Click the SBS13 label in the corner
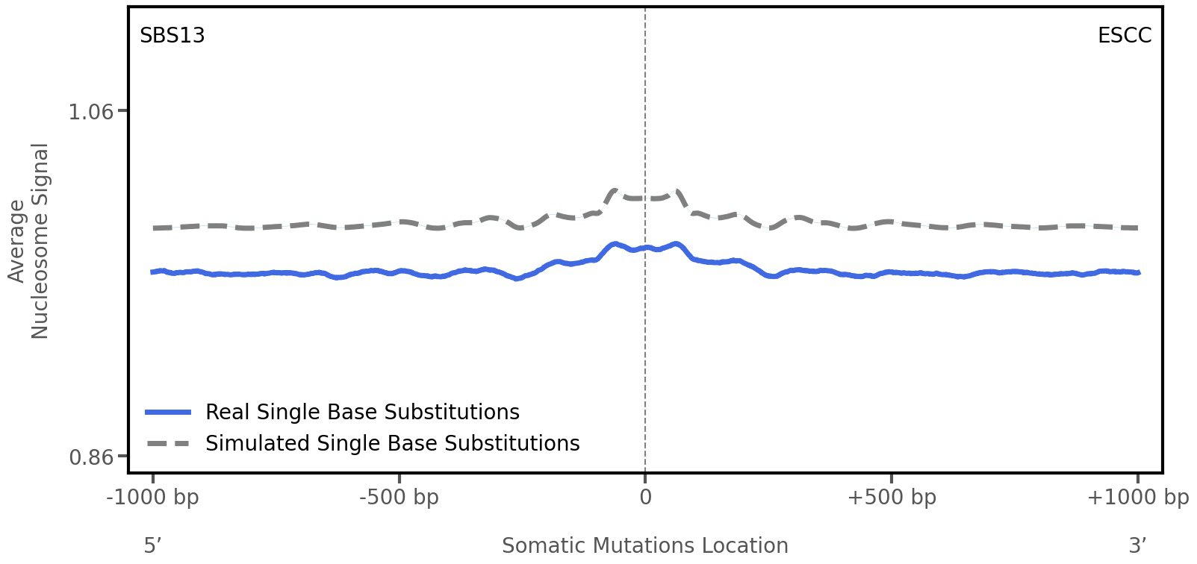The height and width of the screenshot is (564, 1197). coord(172,36)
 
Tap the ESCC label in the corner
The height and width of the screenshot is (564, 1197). coord(1124,36)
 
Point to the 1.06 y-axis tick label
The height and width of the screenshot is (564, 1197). coord(90,112)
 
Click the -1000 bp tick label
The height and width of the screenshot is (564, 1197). coord(153,498)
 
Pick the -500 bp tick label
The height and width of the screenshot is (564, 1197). coord(399,498)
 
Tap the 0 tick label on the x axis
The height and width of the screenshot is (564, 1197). coord(645,498)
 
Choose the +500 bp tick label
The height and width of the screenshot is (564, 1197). coord(891,498)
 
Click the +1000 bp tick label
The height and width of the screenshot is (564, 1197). coord(1137,498)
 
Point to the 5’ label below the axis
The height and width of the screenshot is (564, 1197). coord(152,545)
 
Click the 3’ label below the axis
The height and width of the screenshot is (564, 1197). coord(1137,545)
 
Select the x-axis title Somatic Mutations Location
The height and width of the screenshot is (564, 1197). coord(644,545)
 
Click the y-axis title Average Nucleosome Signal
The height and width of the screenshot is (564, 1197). coord(29,240)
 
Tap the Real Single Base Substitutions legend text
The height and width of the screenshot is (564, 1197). coord(362,412)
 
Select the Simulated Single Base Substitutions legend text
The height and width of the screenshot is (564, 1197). coord(392,443)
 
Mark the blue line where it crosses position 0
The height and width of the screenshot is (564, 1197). coord(645,248)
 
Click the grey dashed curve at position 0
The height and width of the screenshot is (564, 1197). coord(645,198)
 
